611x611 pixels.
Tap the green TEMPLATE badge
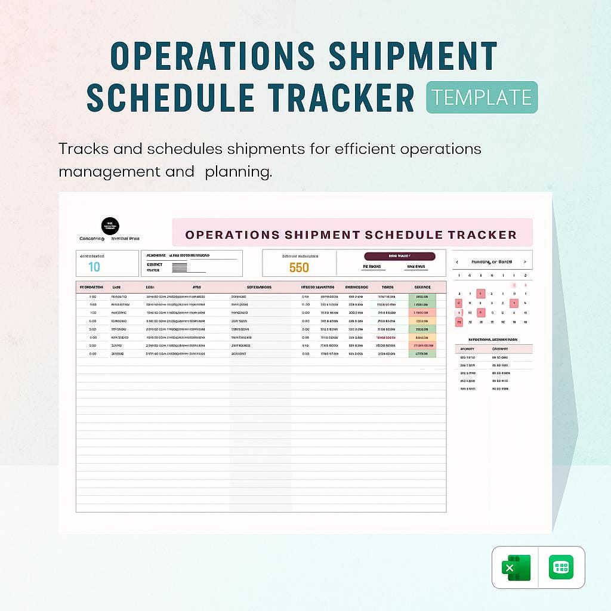[482, 97]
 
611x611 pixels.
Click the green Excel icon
[516, 567]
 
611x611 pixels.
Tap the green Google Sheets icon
[561, 567]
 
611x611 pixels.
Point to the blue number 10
[94, 267]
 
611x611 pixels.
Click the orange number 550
[299, 268]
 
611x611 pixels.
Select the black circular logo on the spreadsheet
[110, 226]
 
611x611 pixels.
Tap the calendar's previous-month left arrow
[457, 261]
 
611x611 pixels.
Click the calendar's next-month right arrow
[524, 261]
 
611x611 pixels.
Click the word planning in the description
[238, 172]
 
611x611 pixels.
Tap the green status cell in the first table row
[422, 297]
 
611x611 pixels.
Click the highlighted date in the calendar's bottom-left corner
[459, 322]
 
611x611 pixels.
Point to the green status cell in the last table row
[422, 354]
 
